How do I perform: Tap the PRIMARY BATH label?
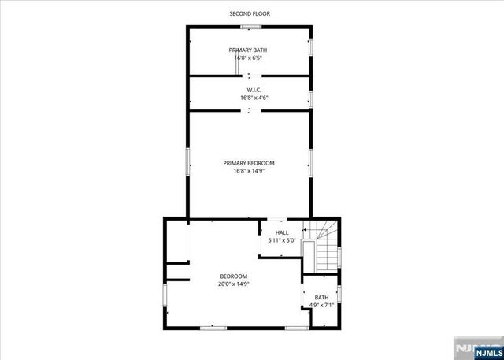[248, 50]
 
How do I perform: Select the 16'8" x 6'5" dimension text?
[248, 58]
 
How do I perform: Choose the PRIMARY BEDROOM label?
[248, 163]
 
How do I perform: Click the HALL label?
[282, 232]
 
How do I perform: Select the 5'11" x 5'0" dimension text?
[282, 240]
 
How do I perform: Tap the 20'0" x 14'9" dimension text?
[233, 284]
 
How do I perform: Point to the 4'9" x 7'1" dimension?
[322, 305]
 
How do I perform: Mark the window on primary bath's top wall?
[250, 27]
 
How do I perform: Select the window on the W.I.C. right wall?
[311, 98]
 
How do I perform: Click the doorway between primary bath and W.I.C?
[250, 76]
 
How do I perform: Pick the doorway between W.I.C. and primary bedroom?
[250, 111]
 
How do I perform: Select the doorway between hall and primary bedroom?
[277, 219]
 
